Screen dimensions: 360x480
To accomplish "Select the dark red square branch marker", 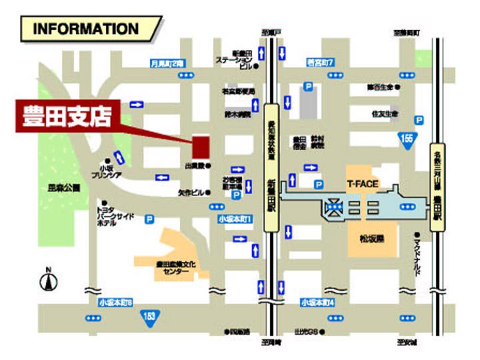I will tap(200, 145).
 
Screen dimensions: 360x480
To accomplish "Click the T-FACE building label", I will tap(362, 182).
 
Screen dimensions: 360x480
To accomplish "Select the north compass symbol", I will tap(48, 281).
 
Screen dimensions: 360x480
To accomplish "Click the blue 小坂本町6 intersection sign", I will tap(116, 302).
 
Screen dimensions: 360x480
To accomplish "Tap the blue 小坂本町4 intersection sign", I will tap(317, 302).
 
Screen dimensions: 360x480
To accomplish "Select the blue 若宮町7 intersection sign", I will tap(320, 63).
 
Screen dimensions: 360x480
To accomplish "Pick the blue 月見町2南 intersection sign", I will tap(167, 63).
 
